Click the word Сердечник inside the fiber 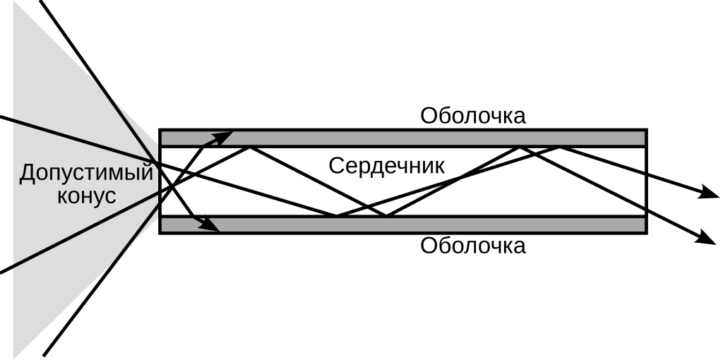pos(386,167)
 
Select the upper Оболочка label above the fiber pos(472,115)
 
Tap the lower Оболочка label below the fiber pos(472,246)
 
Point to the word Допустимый pos(85,173)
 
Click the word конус pos(85,196)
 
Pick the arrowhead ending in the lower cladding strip pos(211,225)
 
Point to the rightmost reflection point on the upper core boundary pos(560,147)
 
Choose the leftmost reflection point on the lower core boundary pos(336,216)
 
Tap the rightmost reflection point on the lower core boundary pos(386,216)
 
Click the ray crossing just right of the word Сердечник pos(460,175)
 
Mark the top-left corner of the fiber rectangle pos(160,130)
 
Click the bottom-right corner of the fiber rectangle pos(646,233)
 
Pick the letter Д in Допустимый pos(27,173)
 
